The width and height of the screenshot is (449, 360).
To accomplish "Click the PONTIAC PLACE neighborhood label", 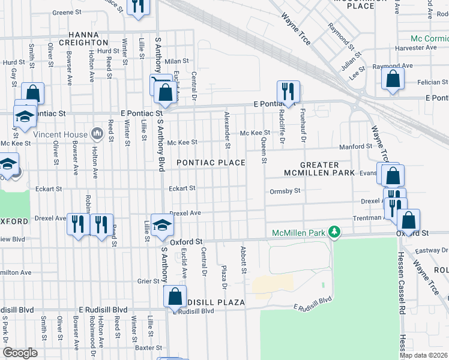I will pyautogui.click(x=210, y=163).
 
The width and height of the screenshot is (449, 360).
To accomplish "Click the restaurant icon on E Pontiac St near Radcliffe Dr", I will pyautogui.click(x=288, y=92).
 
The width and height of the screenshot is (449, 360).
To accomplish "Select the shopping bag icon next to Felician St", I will pyautogui.click(x=393, y=79).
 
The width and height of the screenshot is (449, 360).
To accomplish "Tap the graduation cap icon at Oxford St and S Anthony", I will pyautogui.click(x=161, y=224).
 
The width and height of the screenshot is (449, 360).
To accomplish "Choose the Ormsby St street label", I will pyautogui.click(x=285, y=191).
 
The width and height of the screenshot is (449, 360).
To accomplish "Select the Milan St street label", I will pyautogui.click(x=177, y=61).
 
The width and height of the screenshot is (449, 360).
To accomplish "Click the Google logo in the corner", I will pyautogui.click(x=20, y=353).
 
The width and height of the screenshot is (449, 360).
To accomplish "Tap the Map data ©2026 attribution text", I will pyautogui.click(x=423, y=355).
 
